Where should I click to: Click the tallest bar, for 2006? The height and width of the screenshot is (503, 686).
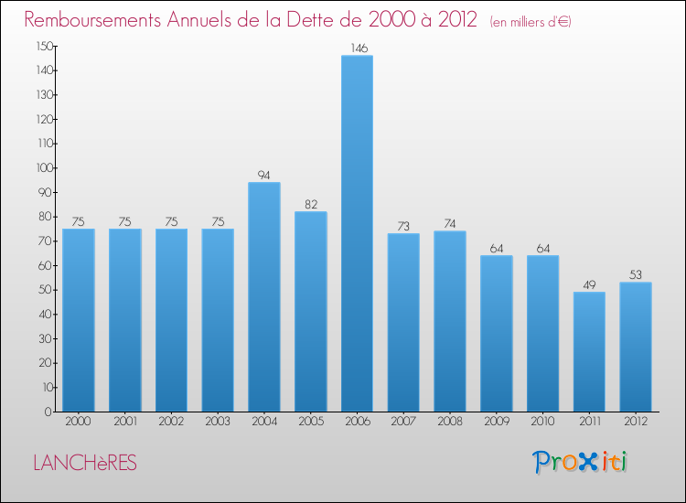pos(357,233)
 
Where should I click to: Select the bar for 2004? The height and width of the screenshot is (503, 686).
pos(264,296)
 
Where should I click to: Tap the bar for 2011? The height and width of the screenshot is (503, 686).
pos(589,351)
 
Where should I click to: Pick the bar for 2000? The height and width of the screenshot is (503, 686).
pos(79,320)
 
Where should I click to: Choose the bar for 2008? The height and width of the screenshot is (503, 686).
pos(450,321)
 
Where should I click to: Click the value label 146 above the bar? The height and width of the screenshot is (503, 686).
pos(357,47)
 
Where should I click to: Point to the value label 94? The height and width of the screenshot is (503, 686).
pos(264,174)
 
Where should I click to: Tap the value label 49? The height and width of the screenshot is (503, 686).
pos(589,284)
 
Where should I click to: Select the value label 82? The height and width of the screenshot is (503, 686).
pos(311,203)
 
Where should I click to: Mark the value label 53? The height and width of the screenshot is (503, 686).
pos(636,273)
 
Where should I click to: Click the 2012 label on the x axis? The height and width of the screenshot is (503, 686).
pos(636,422)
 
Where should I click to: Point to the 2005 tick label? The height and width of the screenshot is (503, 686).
pos(311,422)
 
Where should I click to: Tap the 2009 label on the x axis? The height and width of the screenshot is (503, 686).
pos(497,422)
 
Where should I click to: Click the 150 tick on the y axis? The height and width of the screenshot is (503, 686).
pos(43,46)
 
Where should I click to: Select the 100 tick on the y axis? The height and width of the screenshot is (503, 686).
pos(43,168)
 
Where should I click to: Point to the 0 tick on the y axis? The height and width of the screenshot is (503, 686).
pos(48,412)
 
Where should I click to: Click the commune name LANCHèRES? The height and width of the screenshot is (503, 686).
pos(84,464)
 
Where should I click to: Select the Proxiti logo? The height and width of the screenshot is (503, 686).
pos(581,462)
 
